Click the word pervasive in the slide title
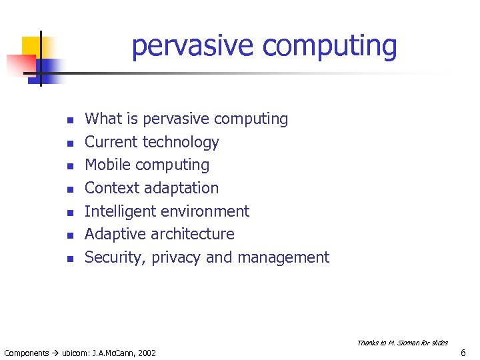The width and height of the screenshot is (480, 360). (x=193, y=47)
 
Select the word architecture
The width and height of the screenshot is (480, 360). (x=193, y=234)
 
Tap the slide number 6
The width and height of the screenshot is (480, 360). (x=463, y=353)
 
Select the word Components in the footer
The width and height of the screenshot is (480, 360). (x=26, y=353)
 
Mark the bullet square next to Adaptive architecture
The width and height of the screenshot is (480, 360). (x=69, y=235)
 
